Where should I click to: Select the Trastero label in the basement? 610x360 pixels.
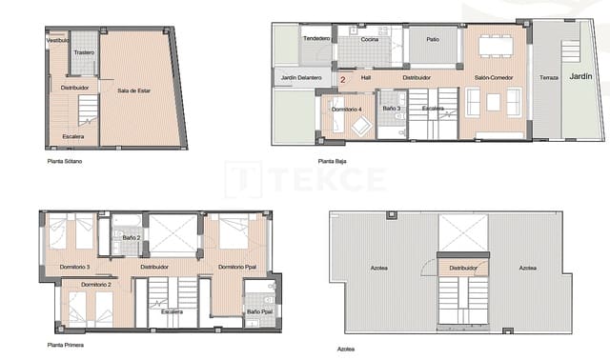point(84,52)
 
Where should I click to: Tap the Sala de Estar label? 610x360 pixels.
point(135,90)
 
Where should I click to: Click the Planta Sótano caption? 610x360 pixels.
point(65,162)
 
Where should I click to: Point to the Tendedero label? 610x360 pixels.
point(316,38)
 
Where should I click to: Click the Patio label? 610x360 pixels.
point(433,39)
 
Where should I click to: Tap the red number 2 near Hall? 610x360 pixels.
point(342,80)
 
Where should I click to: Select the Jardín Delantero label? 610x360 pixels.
point(300,77)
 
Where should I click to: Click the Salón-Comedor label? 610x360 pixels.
point(492,77)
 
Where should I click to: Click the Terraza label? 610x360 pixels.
point(548,77)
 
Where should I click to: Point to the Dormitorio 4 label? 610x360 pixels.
point(347,110)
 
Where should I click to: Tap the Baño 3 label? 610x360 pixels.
point(391,110)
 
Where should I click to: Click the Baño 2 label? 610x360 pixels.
point(131,237)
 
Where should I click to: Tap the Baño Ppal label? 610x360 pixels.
point(258,311)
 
